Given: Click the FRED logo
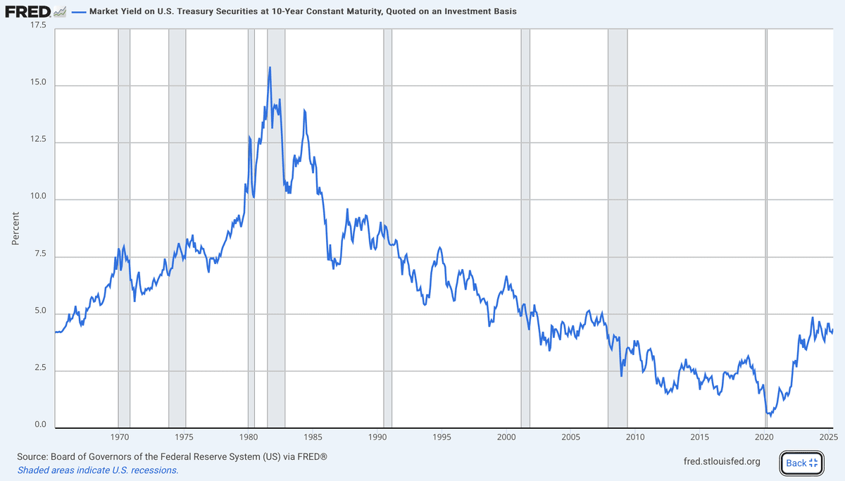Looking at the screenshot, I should click(x=28, y=12).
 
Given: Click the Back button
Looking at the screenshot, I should click(x=801, y=463).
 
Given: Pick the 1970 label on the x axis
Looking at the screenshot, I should click(x=118, y=437).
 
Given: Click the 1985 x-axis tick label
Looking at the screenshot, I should click(x=313, y=437).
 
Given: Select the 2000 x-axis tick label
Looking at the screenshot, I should click(x=506, y=437).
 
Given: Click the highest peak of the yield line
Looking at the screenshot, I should click(x=270, y=68).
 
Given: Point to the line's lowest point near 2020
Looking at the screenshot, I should click(x=770, y=416).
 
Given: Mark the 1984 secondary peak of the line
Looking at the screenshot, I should click(x=304, y=110).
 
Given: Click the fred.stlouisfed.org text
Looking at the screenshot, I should click(x=722, y=462).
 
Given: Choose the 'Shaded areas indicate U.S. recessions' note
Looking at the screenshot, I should click(x=98, y=470).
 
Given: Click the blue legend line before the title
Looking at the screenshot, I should click(x=78, y=12).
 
